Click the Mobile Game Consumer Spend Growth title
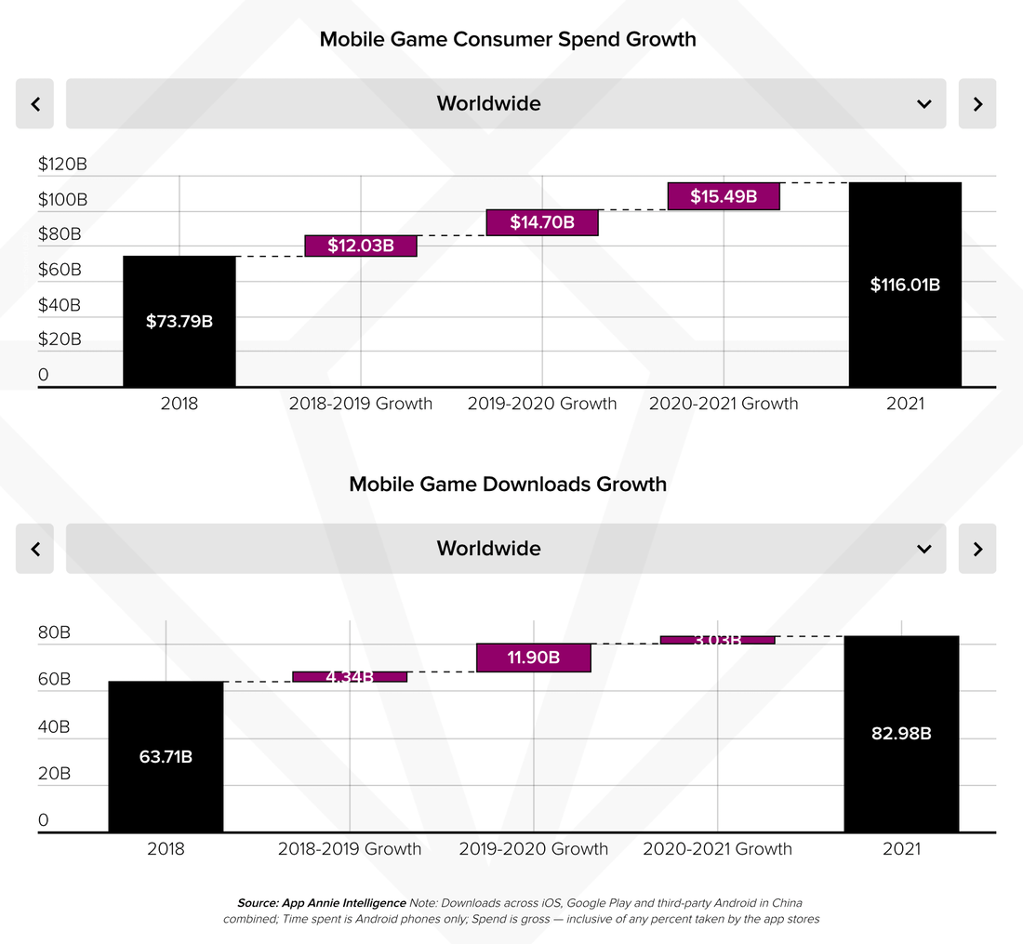click(x=508, y=39)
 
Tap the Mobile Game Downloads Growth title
click(x=508, y=485)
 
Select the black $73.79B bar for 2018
click(x=179, y=321)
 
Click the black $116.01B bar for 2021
click(x=905, y=285)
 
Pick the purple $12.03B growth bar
click(x=361, y=246)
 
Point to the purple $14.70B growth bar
click(x=542, y=222)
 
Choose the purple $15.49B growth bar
click(x=724, y=196)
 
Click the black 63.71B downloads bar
click(x=166, y=756)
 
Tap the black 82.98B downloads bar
click(x=901, y=733)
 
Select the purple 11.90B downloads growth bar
click(x=534, y=658)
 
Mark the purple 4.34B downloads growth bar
click(x=350, y=676)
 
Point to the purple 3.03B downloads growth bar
click(x=717, y=640)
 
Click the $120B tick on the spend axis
click(x=62, y=165)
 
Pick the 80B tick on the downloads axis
click(x=54, y=632)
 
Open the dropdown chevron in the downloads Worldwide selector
click(x=924, y=549)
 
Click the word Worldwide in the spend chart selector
click(x=488, y=103)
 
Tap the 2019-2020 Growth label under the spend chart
click(x=542, y=404)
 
